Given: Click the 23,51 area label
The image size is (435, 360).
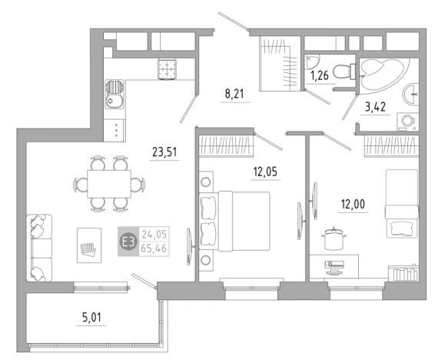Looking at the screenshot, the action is [x=164, y=152].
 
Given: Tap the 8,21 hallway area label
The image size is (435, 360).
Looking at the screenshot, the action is [x=234, y=94].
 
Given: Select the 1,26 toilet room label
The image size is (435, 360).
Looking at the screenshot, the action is [x=319, y=75].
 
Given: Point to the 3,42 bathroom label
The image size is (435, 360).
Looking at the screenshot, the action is [x=375, y=107].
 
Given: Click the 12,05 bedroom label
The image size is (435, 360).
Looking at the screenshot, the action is [x=265, y=172].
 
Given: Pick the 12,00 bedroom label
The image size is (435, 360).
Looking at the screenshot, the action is [x=353, y=205].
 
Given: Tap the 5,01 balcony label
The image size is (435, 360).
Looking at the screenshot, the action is [x=91, y=317].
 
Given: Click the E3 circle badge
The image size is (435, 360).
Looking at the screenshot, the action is [x=128, y=242].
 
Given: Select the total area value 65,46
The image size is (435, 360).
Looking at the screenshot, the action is [x=154, y=248].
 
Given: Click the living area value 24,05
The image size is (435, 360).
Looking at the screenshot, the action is [x=154, y=235].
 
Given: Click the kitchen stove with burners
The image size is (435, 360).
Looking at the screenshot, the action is [x=167, y=69].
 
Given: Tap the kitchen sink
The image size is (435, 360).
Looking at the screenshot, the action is [x=115, y=94].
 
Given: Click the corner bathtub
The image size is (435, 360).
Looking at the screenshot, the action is [x=381, y=74].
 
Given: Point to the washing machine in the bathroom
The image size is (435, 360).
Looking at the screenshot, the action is [x=407, y=122].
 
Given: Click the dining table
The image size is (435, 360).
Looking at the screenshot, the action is [x=109, y=184].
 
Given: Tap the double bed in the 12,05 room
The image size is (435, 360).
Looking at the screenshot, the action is [x=234, y=221].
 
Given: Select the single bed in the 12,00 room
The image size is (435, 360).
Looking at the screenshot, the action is [x=402, y=204].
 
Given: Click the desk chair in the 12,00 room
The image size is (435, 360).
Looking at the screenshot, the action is [x=334, y=238].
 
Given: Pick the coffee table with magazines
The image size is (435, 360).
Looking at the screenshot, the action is [x=89, y=245].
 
